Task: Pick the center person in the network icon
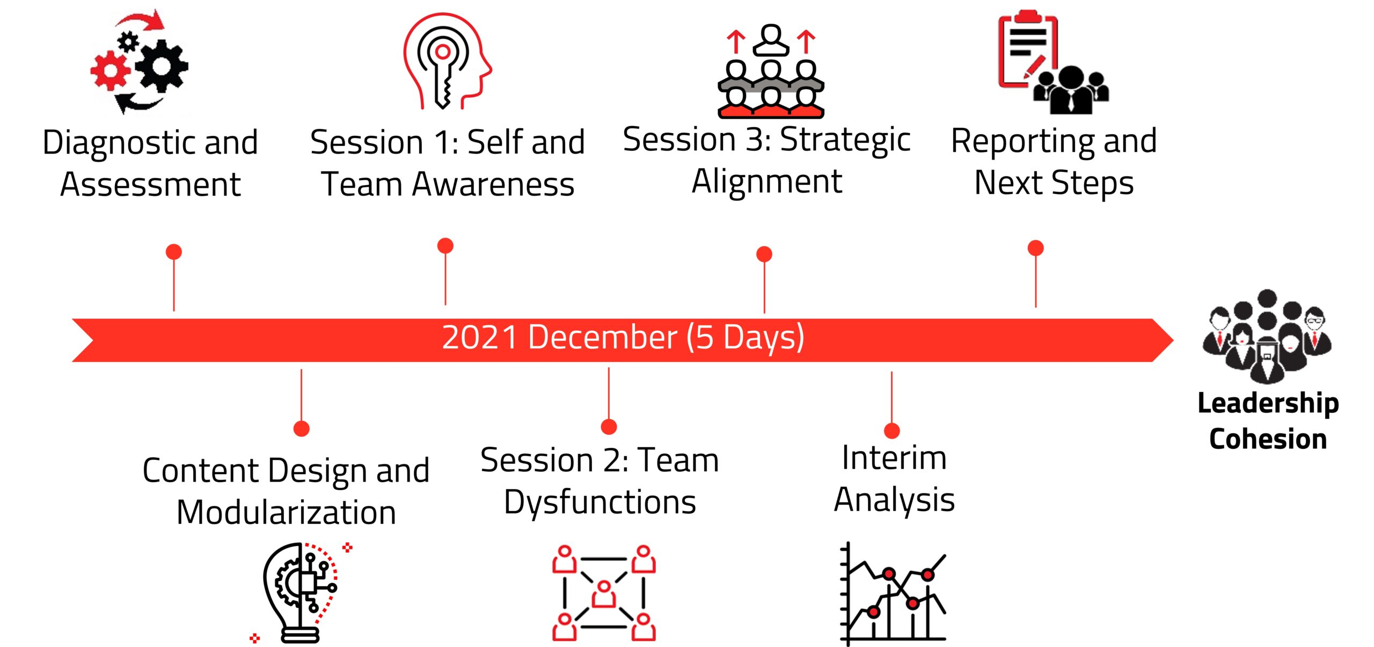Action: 604,593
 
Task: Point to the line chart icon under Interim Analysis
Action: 893,593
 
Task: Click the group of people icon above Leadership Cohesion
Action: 1267,336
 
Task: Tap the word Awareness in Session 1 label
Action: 493,184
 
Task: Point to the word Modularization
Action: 287,512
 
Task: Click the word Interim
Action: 894,458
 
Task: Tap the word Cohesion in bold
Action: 1268,439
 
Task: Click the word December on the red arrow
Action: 602,338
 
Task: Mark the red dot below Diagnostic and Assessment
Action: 174,252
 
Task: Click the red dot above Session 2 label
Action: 609,427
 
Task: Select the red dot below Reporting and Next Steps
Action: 1036,248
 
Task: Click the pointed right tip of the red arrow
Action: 1173,340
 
